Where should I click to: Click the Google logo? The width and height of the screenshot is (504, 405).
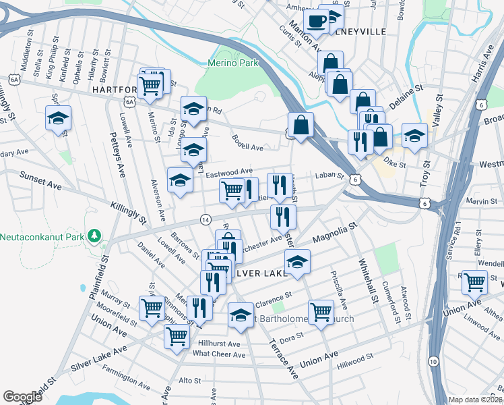[22, 397]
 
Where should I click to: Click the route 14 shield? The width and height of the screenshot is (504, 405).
[205, 219]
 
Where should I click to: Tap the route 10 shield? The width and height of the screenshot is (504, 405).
[433, 362]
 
